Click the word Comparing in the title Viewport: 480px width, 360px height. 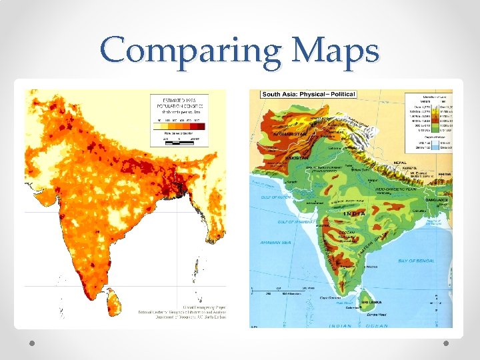tap(176, 51)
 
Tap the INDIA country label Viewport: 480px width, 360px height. tap(353, 213)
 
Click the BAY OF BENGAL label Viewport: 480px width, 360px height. tap(415, 261)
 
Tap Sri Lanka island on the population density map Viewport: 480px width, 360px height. tap(114, 303)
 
